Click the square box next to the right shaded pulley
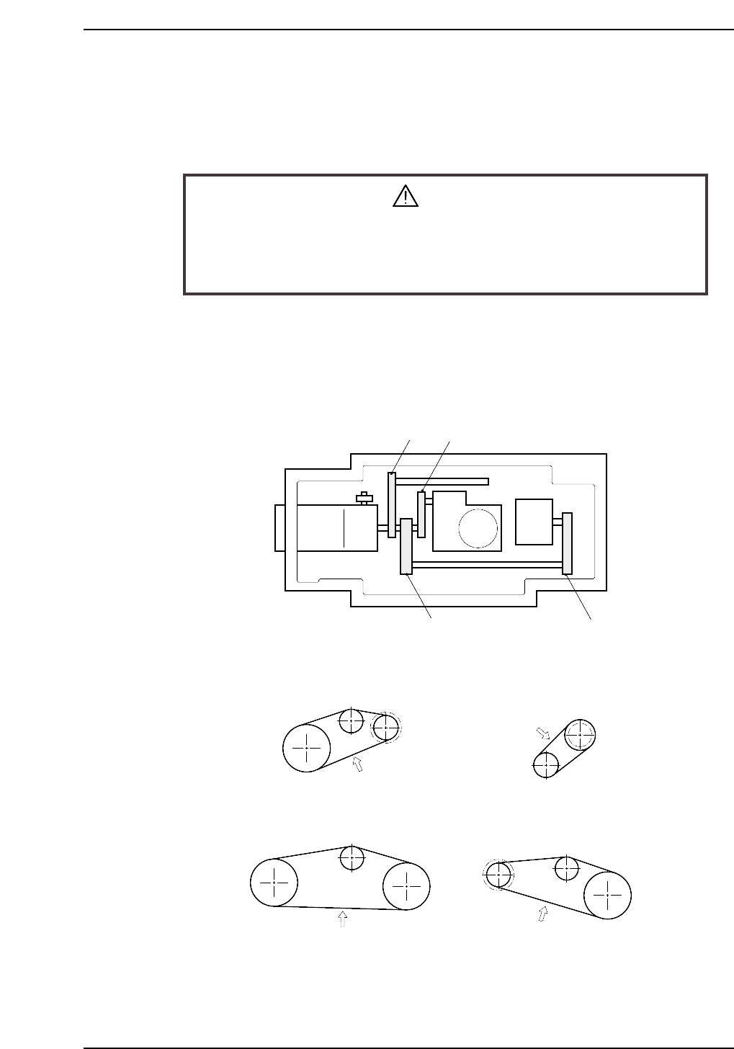click(x=534, y=522)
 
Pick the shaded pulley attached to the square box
click(x=568, y=543)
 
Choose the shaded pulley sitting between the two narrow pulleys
click(x=406, y=546)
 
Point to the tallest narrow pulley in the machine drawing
click(x=391, y=504)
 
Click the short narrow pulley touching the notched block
click(x=421, y=514)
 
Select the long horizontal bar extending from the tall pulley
click(x=442, y=481)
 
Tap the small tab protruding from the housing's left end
click(x=279, y=527)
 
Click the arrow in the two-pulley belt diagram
click(x=544, y=734)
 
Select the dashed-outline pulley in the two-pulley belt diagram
click(x=580, y=735)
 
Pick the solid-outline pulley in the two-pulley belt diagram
click(x=546, y=765)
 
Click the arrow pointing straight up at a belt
click(x=343, y=920)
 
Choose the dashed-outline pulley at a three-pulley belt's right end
click(x=385, y=727)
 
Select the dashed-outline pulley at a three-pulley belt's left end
click(x=498, y=875)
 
